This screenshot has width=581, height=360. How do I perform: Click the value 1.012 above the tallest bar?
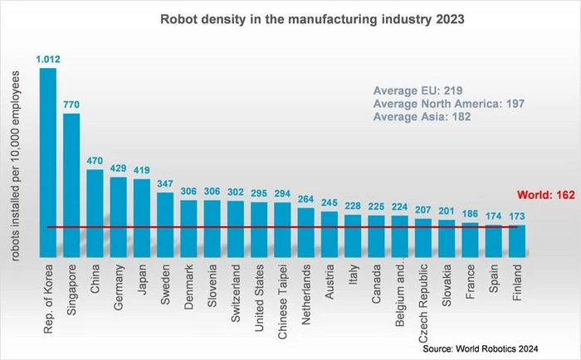[48, 60]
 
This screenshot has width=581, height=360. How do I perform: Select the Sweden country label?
[166, 287]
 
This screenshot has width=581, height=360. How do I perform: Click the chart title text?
[290, 16]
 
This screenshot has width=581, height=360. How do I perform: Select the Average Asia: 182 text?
[423, 119]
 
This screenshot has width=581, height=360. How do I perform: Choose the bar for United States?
[260, 229]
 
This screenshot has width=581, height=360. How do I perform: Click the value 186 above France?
[471, 214]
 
